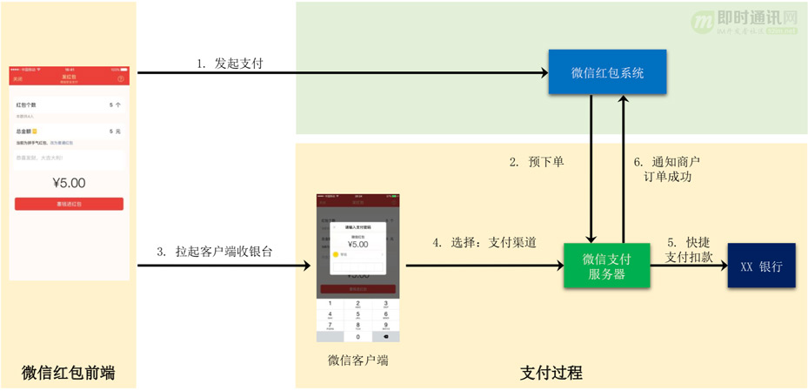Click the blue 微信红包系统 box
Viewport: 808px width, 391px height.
(607, 72)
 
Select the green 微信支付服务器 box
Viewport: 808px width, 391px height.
(607, 266)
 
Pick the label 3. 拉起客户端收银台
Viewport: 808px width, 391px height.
(215, 251)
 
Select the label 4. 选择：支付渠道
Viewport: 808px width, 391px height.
(484, 243)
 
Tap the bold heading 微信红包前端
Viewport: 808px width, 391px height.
(68, 374)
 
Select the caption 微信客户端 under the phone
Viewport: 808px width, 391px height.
(357, 361)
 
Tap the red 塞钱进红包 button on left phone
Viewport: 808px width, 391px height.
(69, 204)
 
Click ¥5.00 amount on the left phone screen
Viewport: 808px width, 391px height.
(69, 183)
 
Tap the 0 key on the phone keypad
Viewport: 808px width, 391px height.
(357, 335)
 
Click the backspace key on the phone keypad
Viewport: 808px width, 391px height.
(385, 335)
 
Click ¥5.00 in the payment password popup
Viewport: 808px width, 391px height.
(357, 245)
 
